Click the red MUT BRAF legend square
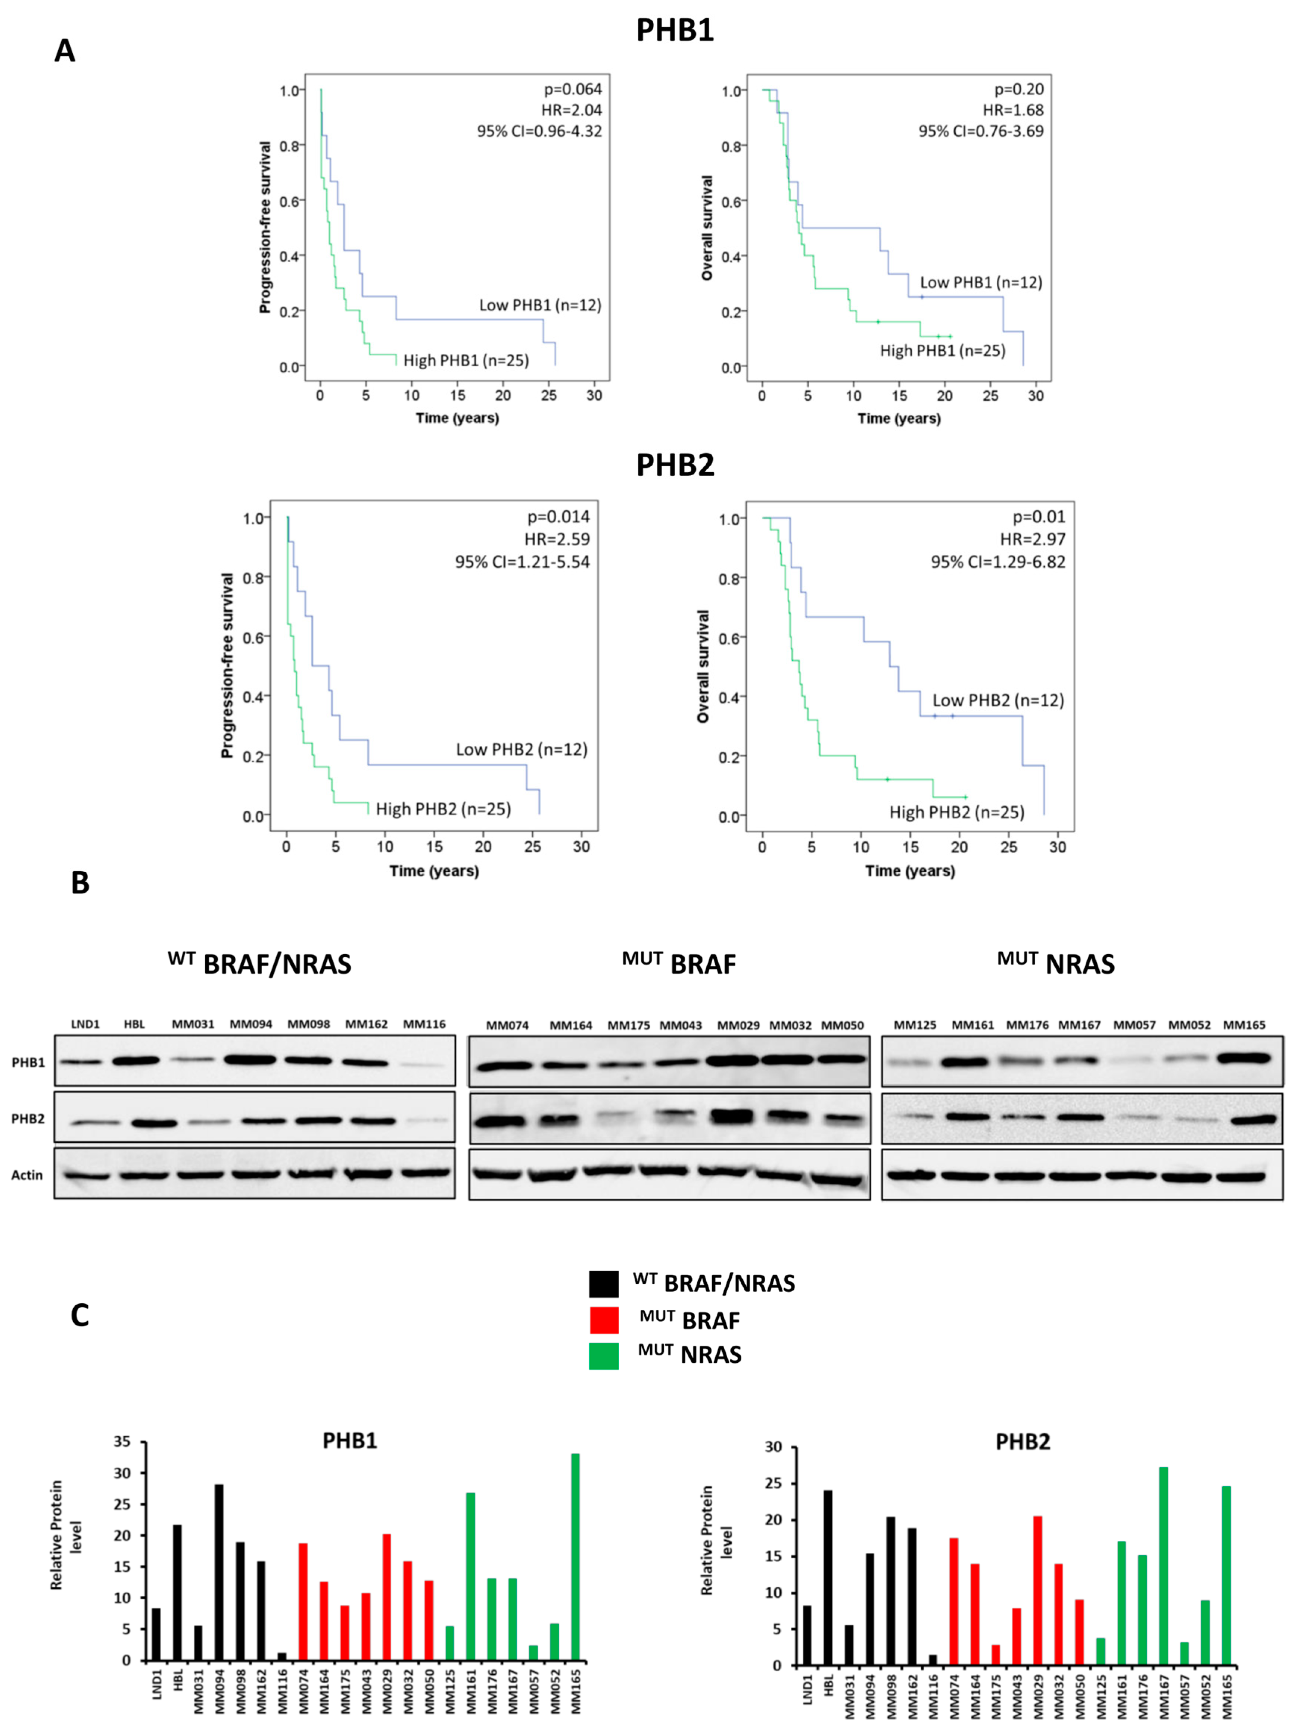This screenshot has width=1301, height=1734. tap(604, 1320)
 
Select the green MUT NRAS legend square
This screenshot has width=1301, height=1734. tap(604, 1356)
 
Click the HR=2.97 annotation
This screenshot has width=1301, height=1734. tap(1032, 539)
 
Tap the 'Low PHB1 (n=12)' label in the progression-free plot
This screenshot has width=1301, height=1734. tap(540, 305)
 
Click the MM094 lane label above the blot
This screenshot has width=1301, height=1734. tap(251, 1024)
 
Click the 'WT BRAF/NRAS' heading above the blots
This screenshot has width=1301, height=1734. tap(259, 963)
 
